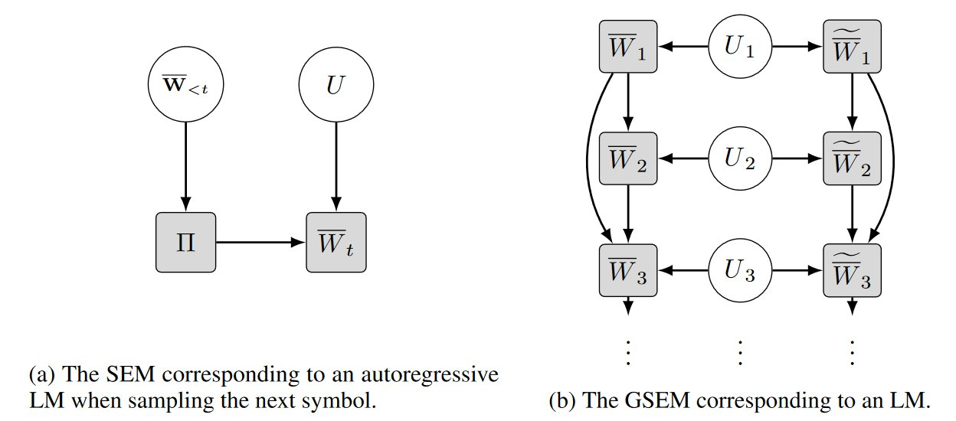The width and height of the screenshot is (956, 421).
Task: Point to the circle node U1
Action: (x=740, y=47)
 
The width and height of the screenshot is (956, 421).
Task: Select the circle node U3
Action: (x=740, y=272)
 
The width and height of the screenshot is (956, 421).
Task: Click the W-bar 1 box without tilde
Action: (x=627, y=47)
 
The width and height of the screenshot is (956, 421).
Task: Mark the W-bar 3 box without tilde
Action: (x=627, y=272)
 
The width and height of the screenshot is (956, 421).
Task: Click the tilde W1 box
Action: (x=852, y=47)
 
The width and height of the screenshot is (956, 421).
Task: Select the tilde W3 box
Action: (x=852, y=272)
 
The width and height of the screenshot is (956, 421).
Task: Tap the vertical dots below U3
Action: (x=740, y=351)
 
